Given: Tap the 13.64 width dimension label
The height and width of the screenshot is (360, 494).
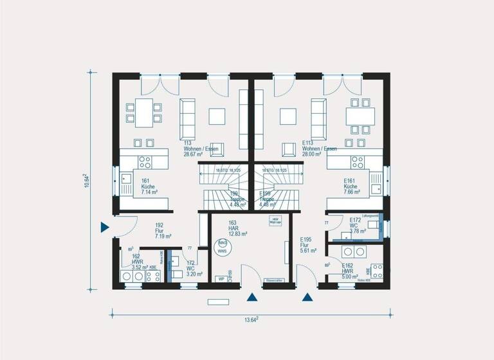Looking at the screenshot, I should click(x=252, y=319).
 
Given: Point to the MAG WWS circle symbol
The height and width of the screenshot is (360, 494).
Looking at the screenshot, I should click(x=223, y=247).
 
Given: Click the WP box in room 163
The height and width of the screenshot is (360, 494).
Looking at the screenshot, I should click(x=221, y=279).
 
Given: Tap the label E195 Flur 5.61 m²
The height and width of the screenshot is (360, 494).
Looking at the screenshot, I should click(x=309, y=245).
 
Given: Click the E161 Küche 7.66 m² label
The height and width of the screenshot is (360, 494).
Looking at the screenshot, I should click(x=352, y=186).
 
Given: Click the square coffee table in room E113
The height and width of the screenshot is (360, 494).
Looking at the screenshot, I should click(x=288, y=116).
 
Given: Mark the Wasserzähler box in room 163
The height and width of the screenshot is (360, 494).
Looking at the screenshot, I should click(x=273, y=280).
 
